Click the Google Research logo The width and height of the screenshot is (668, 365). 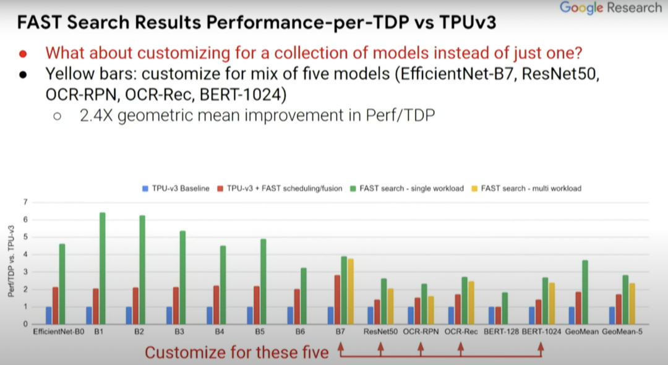point(610,8)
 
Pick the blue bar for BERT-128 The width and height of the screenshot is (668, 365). point(492,315)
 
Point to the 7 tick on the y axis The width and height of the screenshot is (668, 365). point(25,202)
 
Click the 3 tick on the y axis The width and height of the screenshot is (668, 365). point(25,272)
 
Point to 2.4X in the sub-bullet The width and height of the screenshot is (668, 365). point(93,116)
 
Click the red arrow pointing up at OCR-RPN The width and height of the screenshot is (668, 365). point(421,348)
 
